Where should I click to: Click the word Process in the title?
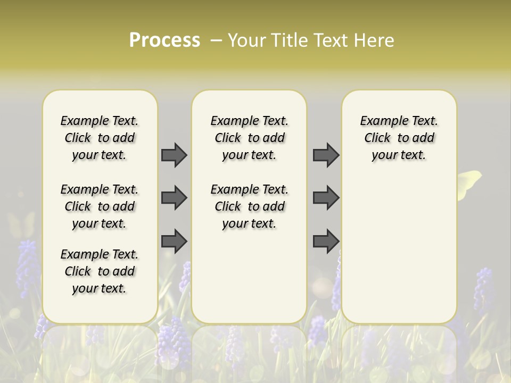(x=164, y=40)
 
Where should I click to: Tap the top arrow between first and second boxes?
(x=174, y=155)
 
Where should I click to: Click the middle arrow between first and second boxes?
(x=174, y=198)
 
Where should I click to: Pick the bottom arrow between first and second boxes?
(x=174, y=240)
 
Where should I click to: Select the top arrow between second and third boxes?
(x=326, y=155)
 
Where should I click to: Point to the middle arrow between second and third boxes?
(x=326, y=198)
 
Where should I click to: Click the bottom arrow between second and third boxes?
(x=326, y=240)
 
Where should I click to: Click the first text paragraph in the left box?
(x=100, y=138)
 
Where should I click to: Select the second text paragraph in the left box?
(x=100, y=206)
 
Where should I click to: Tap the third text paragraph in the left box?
(x=100, y=271)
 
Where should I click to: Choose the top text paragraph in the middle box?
(x=249, y=138)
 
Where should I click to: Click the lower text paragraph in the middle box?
(x=249, y=206)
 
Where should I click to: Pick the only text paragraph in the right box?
(x=399, y=138)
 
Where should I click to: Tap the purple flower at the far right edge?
(x=483, y=287)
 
